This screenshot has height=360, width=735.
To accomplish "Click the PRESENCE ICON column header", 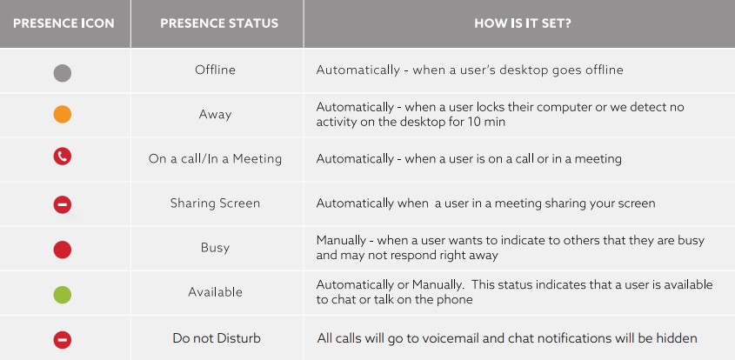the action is coord(63,23).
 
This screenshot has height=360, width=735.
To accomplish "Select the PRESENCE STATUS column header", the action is coord(219,23).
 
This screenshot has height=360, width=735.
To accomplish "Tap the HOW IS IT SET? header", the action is coord(523,23).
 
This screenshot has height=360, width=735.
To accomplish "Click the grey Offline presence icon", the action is coord(63,73).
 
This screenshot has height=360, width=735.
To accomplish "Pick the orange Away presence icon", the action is coord(63,115).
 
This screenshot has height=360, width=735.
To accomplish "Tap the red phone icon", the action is coord(63,157).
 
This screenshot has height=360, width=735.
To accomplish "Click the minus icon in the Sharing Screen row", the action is coord(63,204).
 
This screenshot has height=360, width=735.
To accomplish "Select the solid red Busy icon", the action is coord(63,250).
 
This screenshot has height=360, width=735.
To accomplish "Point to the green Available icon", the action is coord(63,295).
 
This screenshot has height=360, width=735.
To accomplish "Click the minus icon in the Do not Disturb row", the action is coord(63,339).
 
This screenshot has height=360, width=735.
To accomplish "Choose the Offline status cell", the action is coord(215,70).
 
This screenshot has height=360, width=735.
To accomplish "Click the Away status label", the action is coord(215,115).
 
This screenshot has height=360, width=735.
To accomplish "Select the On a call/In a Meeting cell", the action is coord(215,159).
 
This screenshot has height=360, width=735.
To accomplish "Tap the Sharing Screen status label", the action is coord(215,203).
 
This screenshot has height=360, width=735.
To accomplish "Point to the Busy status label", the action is coord(215,248).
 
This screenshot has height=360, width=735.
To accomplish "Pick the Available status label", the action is coord(215,292).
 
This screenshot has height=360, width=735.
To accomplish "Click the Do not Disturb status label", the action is coord(217,338).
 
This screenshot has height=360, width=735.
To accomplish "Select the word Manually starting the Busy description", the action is coord(341,241).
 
